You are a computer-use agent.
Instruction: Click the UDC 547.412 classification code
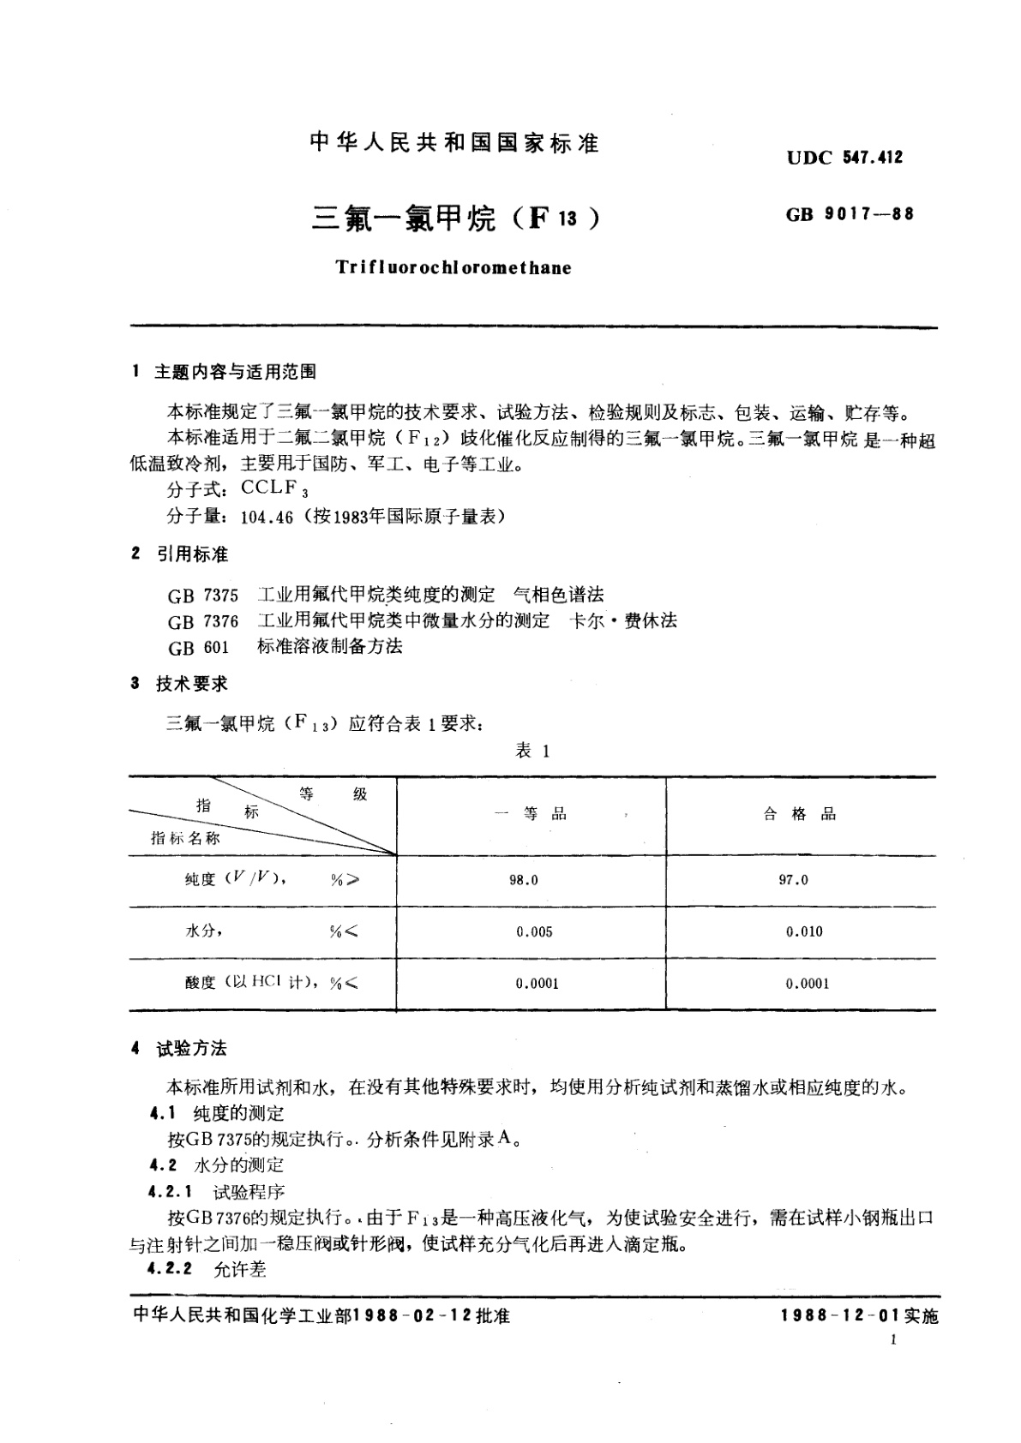click(x=844, y=158)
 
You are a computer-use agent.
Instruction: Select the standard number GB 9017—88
click(x=850, y=214)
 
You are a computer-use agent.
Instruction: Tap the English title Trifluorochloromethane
click(x=453, y=267)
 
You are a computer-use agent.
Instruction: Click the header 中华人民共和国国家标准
click(x=453, y=143)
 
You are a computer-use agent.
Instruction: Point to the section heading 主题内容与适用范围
click(x=235, y=372)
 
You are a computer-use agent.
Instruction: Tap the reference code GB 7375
click(x=203, y=595)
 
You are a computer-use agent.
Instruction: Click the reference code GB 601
click(x=198, y=648)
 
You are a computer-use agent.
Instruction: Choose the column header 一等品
click(x=532, y=814)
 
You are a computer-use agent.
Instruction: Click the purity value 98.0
click(x=523, y=880)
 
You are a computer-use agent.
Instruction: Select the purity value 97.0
click(x=793, y=880)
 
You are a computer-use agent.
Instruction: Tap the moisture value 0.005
click(x=534, y=931)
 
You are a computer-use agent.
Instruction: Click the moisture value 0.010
click(x=804, y=931)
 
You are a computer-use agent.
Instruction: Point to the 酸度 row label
click(x=201, y=983)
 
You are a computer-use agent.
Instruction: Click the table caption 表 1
click(x=532, y=751)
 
